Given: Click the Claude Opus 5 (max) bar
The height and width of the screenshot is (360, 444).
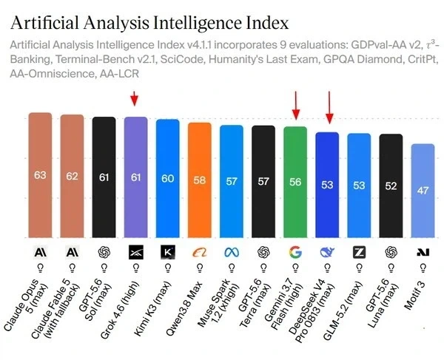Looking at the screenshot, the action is point(40,175).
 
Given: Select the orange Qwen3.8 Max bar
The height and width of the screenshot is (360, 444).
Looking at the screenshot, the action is point(200,180).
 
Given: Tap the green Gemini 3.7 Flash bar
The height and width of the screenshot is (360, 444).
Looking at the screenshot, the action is point(295,182).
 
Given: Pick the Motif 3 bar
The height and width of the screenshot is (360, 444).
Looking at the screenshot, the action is point(423,191).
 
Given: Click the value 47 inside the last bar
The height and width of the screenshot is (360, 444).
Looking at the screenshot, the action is point(423,190).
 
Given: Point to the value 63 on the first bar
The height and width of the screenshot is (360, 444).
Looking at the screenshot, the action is point(40,175).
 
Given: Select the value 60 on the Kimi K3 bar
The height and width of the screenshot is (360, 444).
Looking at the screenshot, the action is point(168,178).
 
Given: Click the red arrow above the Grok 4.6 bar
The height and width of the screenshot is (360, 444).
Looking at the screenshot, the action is point(135,99).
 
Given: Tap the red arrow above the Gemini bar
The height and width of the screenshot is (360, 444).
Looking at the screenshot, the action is point(296,105).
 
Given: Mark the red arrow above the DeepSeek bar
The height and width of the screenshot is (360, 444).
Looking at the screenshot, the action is point(329,107).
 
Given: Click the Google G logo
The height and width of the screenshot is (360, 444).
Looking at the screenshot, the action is point(295,252).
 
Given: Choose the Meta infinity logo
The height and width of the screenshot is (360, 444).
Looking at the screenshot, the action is point(232,252).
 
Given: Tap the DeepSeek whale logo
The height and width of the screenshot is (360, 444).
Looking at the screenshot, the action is point(327,252).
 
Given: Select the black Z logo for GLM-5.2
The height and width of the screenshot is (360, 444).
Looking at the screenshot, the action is point(360,252).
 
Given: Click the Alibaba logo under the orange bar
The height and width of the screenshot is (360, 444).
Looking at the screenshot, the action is point(200,252).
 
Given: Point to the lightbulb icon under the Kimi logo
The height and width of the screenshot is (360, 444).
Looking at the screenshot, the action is point(168,268).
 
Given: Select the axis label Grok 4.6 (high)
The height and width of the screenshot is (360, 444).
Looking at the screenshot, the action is point(120,310).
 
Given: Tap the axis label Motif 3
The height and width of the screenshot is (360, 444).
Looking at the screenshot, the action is point(414,296).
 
